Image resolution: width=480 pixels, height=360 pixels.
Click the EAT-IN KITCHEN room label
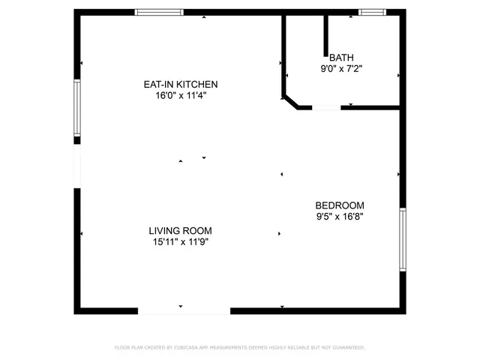point(181,85)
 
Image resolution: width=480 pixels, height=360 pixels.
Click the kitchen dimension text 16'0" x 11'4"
point(181,95)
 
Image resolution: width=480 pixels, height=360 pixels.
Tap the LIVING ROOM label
point(180,231)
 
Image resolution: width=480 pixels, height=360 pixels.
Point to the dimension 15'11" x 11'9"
point(180,241)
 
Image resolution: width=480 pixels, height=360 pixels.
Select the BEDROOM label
point(339,205)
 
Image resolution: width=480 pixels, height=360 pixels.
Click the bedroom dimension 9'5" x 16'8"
point(339,216)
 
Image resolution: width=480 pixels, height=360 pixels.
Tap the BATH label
point(341,57)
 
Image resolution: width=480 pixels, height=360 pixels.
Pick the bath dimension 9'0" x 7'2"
point(341,67)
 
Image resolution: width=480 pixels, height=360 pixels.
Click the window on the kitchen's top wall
point(159,12)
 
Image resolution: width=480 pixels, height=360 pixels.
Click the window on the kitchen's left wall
point(76,109)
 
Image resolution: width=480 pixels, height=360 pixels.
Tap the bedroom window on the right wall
point(403,240)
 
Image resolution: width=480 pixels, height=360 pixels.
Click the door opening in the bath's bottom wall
point(326,108)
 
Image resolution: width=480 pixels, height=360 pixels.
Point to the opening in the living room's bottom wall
point(184,310)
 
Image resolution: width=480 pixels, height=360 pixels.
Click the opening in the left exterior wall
point(76,163)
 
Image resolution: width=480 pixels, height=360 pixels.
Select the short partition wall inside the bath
point(326,34)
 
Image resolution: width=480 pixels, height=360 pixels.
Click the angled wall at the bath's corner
point(289,101)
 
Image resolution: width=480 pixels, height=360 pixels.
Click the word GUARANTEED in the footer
point(349,348)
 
